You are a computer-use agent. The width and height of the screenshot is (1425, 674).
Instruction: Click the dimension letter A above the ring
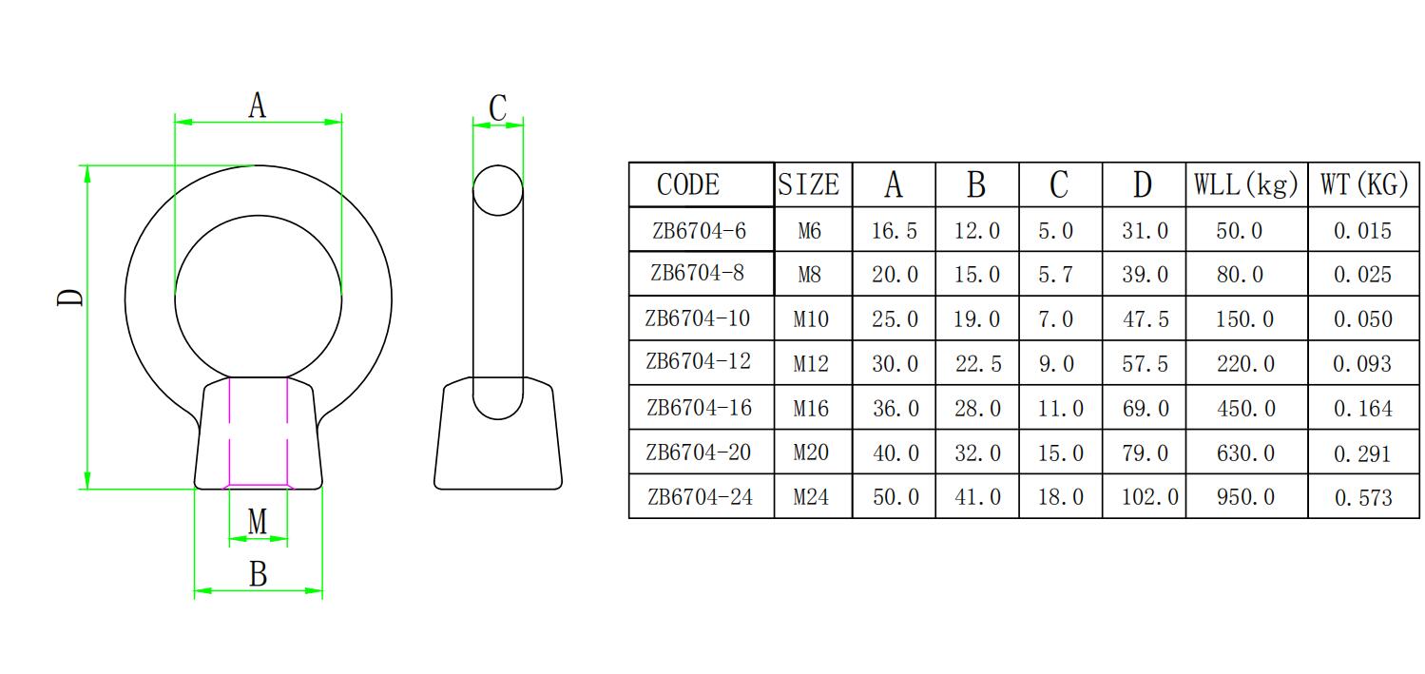coord(257,106)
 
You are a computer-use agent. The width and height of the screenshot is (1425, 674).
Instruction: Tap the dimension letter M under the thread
coord(258,521)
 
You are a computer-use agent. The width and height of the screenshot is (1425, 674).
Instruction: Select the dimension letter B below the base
coord(258,574)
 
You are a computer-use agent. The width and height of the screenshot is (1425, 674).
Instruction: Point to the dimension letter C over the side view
coord(497,108)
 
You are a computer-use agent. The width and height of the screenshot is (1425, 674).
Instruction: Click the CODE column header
coord(688,184)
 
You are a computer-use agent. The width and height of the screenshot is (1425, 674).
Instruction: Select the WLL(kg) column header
coord(1245,184)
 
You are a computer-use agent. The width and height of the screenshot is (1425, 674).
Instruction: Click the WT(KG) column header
coord(1363,184)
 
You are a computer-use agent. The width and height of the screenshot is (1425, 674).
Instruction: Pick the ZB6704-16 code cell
coord(699,408)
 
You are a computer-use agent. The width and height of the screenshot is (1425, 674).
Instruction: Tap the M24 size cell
coord(811,497)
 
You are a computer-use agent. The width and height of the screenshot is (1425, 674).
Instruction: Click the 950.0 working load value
coord(1245,497)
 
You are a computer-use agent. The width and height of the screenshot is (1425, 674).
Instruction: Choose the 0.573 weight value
coord(1362,497)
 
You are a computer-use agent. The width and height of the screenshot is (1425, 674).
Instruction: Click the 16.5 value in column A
coord(895,231)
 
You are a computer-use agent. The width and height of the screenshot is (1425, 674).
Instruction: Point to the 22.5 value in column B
coord(977,364)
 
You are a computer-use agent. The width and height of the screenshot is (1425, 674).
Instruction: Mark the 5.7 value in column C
coord(1055,275)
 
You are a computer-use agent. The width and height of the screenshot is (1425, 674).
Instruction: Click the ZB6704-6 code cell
coord(699,230)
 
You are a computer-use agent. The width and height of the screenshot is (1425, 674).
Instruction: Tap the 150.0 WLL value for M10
coord(1245,319)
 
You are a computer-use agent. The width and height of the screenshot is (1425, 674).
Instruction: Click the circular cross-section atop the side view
coord(498,190)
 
